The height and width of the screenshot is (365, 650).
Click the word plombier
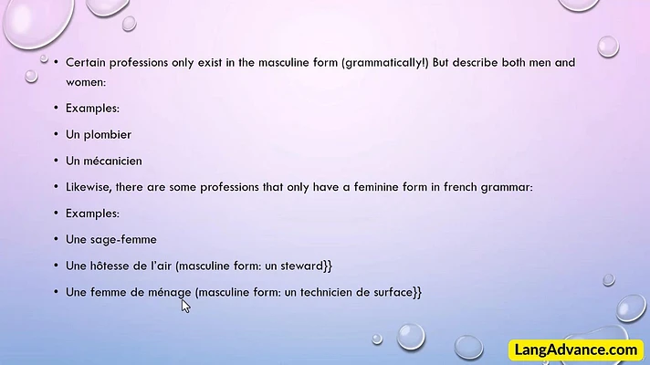[108, 135]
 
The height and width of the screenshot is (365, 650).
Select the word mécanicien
[113, 161]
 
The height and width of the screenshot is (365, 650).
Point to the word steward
[301, 266]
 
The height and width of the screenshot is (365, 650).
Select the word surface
[393, 292]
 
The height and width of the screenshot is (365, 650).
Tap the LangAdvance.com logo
[576, 349]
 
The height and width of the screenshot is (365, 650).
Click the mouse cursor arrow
[185, 307]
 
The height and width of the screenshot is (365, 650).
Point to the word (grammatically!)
[385, 63]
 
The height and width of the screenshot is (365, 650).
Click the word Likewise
[88, 187]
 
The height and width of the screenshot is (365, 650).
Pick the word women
[86, 82]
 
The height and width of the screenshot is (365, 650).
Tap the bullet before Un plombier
[56, 135]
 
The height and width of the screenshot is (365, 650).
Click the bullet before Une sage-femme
[56, 239]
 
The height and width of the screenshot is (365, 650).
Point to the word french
[460, 187]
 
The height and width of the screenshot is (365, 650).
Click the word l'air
[162, 266]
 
